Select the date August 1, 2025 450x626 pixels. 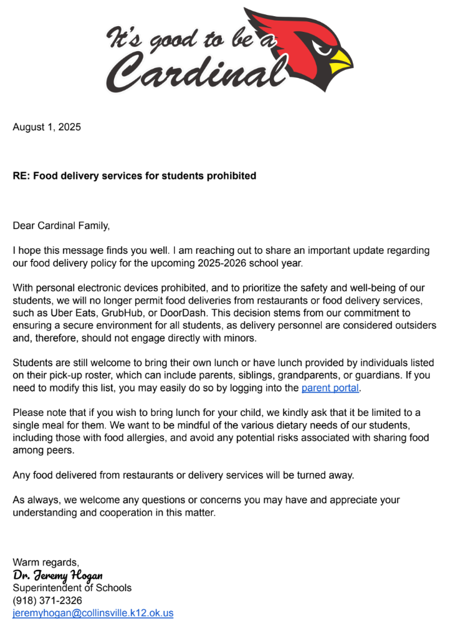pyautogui.click(x=47, y=127)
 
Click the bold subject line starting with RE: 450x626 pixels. pyautogui.click(x=135, y=176)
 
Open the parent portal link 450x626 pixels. pyautogui.click(x=330, y=388)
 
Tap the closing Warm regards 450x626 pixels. pyautogui.click(x=46, y=562)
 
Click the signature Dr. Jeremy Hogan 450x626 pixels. pyautogui.click(x=57, y=575)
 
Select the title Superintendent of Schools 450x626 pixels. pyautogui.click(x=72, y=587)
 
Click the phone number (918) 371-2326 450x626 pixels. pyautogui.click(x=47, y=600)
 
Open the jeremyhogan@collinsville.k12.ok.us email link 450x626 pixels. pyautogui.click(x=93, y=612)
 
